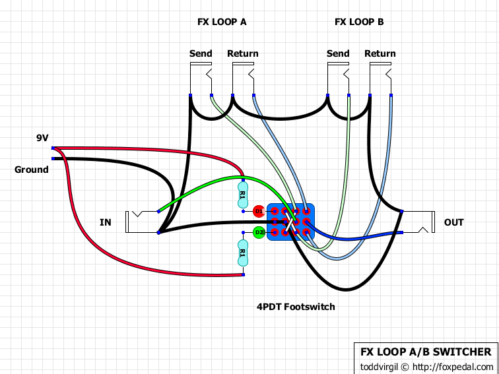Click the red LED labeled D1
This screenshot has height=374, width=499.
(259, 211)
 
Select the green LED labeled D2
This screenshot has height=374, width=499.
(259, 232)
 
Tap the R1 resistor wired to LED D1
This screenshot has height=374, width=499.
(242, 195)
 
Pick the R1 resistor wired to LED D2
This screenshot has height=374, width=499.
(242, 253)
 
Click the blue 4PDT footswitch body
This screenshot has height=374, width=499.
(290, 222)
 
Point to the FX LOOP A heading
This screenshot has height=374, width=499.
(222, 22)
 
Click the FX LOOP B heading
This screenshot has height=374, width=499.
(359, 22)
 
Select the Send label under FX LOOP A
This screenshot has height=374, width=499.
(201, 53)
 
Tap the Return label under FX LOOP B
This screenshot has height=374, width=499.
(380, 53)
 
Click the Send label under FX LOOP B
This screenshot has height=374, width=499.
(338, 53)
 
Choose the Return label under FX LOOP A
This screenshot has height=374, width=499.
(243, 53)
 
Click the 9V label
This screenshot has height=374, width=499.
(42, 138)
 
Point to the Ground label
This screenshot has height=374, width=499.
(32, 170)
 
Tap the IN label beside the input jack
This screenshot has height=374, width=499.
(106, 222)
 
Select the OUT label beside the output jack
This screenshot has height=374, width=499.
(454, 222)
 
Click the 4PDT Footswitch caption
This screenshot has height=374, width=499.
(296, 307)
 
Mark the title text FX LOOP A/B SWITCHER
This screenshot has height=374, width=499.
(425, 352)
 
